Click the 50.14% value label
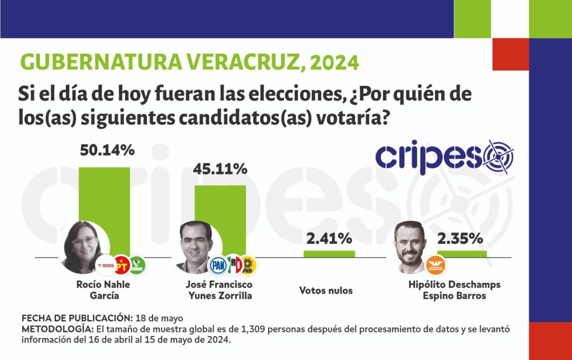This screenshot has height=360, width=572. point(108,150)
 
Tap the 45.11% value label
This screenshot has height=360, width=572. point(221,168)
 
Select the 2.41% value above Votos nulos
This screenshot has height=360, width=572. point(329,239)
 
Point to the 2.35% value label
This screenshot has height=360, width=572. point(460,239)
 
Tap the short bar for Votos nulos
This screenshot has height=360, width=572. point(329,253)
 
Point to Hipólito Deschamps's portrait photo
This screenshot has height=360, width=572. point(413,247)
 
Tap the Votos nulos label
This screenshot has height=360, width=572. point(326,291)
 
